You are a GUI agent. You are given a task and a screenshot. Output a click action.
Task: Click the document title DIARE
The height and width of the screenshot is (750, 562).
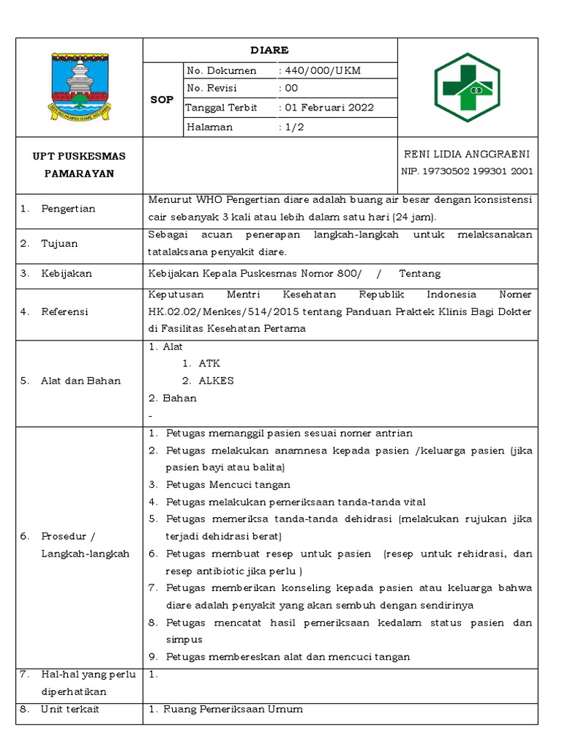tap(270, 50)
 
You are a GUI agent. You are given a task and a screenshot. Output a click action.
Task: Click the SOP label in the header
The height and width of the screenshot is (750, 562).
tap(162, 99)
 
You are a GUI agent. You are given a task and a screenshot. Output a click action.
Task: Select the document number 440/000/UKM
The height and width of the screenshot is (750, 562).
tap(321, 70)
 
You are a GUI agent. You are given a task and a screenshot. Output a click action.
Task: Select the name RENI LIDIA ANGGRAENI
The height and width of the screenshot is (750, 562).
tap(467, 154)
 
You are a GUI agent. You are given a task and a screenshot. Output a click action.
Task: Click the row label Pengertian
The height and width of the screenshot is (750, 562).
tap(68, 209)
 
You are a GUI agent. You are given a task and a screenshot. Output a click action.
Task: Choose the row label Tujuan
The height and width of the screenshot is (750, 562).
tap(59, 243)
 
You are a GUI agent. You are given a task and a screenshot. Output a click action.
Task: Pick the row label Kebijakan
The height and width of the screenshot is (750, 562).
tap(67, 273)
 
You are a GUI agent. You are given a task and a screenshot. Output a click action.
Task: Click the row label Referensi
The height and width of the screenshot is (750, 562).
tap(64, 311)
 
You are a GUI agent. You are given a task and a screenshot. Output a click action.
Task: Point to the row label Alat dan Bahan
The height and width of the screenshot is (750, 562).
tap(80, 381)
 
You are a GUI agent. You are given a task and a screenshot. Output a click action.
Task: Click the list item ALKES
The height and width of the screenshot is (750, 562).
tap(217, 381)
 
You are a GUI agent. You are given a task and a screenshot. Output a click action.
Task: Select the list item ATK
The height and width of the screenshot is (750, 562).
tap(209, 363)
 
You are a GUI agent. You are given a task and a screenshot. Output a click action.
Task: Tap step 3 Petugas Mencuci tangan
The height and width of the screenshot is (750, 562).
tap(228, 485)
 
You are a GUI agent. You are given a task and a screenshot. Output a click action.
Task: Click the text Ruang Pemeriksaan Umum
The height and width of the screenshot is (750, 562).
tap(233, 709)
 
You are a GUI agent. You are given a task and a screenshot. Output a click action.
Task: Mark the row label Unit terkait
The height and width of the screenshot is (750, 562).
tap(70, 709)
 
